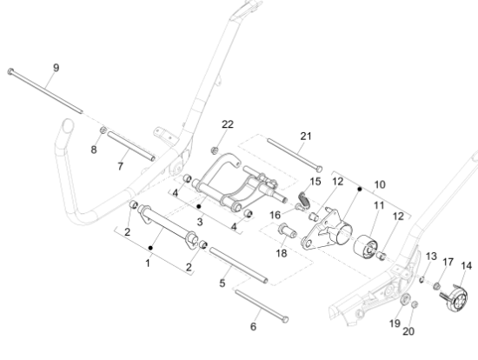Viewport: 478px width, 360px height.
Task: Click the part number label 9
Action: click(56, 68)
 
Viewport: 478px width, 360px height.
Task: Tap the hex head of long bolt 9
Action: click(10, 71)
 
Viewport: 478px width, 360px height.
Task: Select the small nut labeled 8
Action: click(103, 130)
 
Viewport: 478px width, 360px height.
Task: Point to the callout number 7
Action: click(121, 166)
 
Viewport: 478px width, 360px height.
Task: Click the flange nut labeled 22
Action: click(215, 150)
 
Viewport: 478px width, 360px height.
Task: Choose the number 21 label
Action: click(306, 136)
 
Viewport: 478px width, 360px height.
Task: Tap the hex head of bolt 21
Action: click(319, 169)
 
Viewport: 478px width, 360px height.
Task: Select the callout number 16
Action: click(275, 215)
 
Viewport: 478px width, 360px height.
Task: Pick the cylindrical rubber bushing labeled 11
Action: click(366, 247)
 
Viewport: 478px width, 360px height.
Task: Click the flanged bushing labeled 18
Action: click(287, 230)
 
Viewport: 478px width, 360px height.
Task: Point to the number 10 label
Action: click(380, 184)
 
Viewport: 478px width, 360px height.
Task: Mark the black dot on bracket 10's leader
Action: click(360, 190)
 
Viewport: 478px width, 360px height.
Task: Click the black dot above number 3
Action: click(199, 207)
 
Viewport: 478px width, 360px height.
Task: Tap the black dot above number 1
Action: click(150, 248)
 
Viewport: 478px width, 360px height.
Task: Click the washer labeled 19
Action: click(405, 299)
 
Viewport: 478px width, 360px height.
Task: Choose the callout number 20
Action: click(408, 331)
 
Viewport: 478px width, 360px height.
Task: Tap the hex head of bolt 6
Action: click(285, 319)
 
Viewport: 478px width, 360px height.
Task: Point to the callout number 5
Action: click(222, 283)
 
